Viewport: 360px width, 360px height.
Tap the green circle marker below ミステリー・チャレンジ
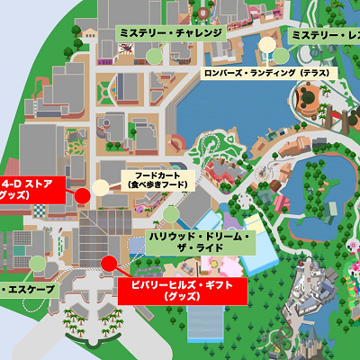coord(155,54)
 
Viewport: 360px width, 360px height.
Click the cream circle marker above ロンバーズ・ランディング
coord(267,44)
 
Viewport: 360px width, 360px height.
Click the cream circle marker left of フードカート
coord(100,188)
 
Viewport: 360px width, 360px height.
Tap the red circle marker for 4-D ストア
coord(81,194)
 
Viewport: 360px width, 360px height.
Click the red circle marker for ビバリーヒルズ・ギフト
coord(109,263)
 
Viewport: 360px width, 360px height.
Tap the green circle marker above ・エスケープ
coord(37,263)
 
